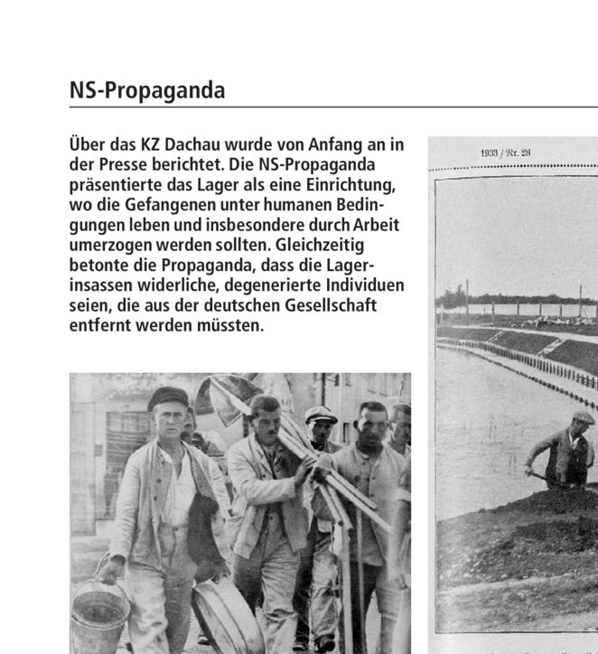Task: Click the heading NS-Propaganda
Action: pos(147,92)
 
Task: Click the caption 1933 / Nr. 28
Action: pos(505,153)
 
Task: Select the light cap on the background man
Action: pos(320,415)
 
